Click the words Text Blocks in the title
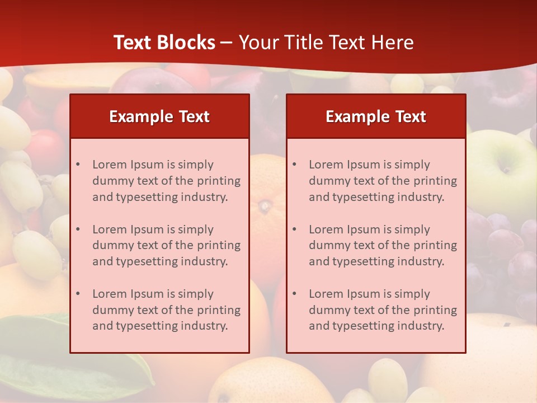tap(164, 43)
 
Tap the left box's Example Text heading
tap(159, 116)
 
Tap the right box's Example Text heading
tap(376, 116)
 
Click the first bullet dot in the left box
tap(78, 165)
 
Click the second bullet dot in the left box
tap(78, 229)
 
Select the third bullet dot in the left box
tap(78, 294)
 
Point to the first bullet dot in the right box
tap(295, 165)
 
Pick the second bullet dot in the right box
tap(295, 229)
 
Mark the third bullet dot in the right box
tap(295, 294)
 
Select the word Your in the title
tap(256, 43)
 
